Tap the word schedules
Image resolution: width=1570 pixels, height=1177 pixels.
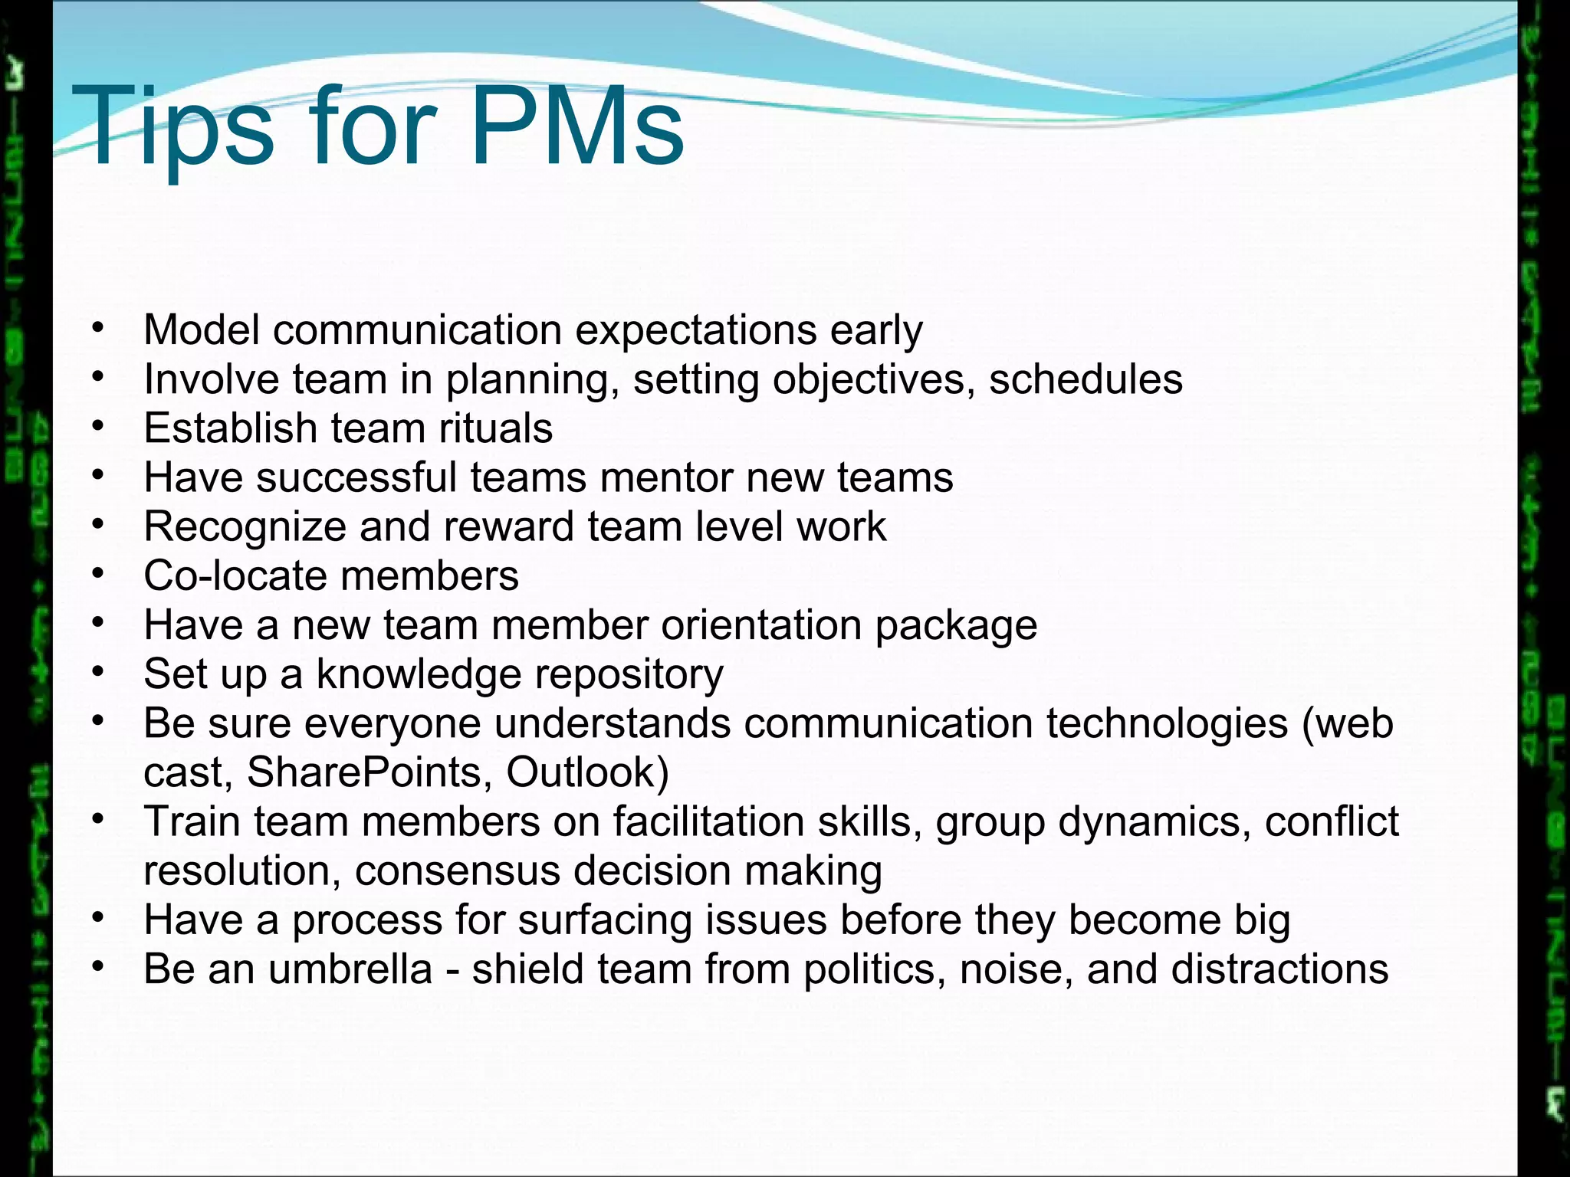[1086, 379]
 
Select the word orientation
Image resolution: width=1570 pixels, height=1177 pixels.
[761, 625]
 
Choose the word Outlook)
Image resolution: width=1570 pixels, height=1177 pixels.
[587, 772]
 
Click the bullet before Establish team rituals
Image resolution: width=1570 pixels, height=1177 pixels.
[97, 426]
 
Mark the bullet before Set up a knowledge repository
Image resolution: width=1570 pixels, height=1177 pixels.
[97, 672]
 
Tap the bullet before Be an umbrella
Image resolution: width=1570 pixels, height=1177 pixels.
[97, 967]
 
